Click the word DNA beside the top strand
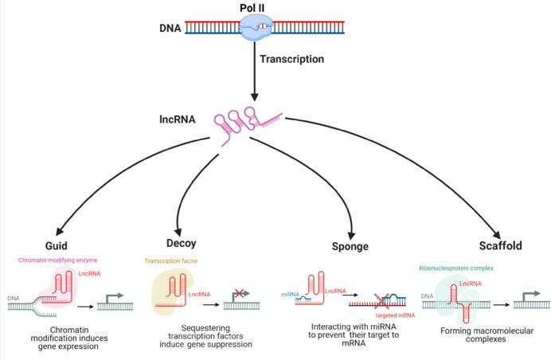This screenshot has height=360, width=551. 169,30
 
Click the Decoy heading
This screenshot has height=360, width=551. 182,243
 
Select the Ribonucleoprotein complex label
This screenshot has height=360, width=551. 459,268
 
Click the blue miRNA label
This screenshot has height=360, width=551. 289,294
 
